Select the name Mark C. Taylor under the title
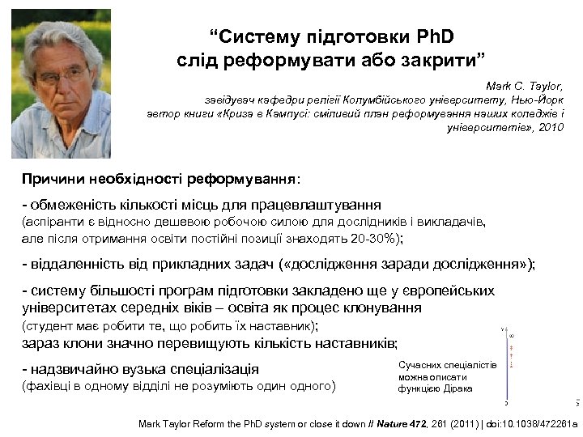click(524, 85)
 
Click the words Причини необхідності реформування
click(159, 177)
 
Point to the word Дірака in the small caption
click(458, 388)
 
